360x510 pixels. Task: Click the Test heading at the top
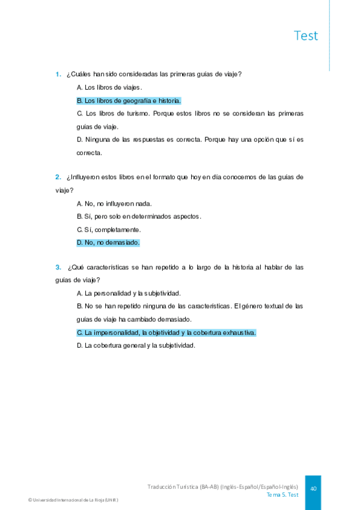(x=306, y=35)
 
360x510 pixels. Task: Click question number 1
(x=58, y=75)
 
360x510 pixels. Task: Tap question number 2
(x=58, y=177)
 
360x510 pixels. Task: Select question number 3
(x=58, y=267)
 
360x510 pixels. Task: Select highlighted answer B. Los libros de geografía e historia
(x=129, y=101)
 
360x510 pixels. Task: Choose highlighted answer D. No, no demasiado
(x=108, y=243)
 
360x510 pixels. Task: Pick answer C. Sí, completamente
(x=109, y=230)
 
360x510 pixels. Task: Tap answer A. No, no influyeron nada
(x=114, y=203)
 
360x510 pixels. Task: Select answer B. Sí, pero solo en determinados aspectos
(x=139, y=217)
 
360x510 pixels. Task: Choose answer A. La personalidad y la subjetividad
(x=129, y=293)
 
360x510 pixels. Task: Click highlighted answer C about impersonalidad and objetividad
(x=166, y=333)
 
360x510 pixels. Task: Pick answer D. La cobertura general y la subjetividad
(x=136, y=346)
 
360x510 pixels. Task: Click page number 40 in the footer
(x=313, y=489)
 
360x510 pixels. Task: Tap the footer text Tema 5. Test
(x=282, y=495)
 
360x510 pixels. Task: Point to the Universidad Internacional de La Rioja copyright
(x=73, y=500)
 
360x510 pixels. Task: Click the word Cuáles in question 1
(x=82, y=75)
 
